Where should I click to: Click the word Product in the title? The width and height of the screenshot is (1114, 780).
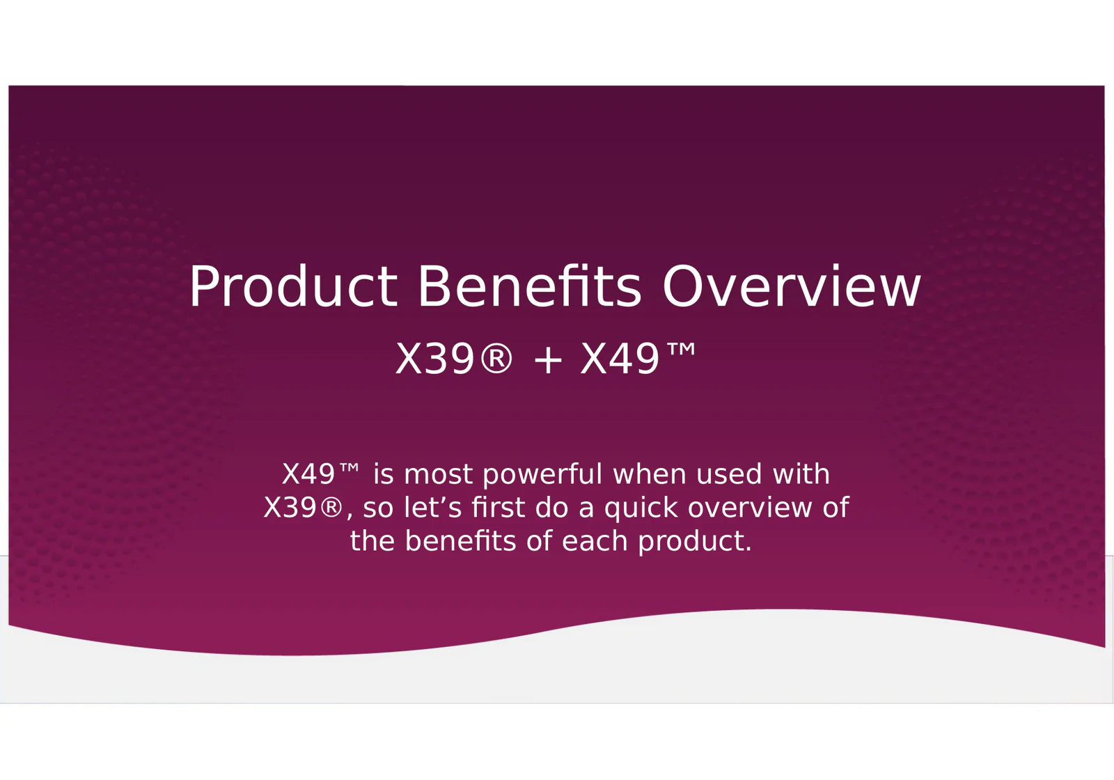(293, 286)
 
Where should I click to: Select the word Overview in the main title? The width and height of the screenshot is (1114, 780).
(792, 286)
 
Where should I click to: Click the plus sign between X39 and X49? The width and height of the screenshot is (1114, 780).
(547, 359)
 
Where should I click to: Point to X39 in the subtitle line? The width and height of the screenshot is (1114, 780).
(434, 359)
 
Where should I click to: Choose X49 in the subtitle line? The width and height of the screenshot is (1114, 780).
(620, 359)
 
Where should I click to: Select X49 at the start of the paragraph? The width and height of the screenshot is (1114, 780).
(308, 474)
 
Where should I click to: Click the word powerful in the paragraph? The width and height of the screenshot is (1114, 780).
(542, 474)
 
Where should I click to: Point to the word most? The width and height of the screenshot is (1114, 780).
(438, 474)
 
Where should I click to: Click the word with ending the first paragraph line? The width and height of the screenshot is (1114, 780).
(801, 474)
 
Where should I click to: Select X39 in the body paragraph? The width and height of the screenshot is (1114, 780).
(290, 508)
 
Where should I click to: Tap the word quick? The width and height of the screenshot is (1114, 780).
(641, 508)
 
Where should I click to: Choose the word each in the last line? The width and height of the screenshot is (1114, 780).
(595, 540)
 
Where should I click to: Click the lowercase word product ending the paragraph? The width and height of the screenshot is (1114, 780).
(696, 541)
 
